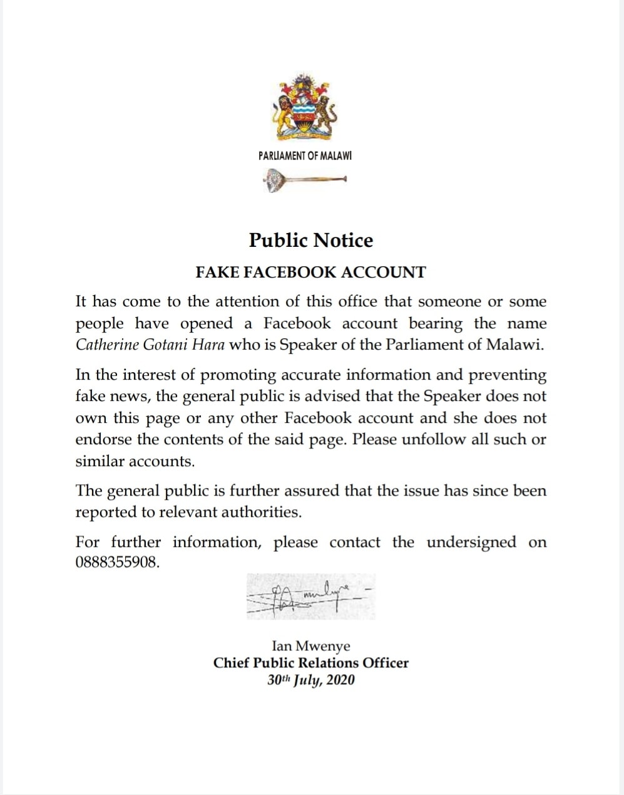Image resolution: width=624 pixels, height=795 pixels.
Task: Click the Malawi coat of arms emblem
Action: pyautogui.click(x=305, y=108)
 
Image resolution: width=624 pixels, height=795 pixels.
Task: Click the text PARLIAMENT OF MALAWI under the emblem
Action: pyautogui.click(x=305, y=156)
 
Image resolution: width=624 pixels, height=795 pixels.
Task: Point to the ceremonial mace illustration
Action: pyautogui.click(x=305, y=182)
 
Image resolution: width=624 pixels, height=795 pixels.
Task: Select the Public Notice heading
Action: pyautogui.click(x=311, y=240)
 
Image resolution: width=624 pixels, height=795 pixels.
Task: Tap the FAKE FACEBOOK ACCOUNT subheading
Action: pyautogui.click(x=310, y=273)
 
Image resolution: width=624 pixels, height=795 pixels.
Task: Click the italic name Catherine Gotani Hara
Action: pyautogui.click(x=150, y=345)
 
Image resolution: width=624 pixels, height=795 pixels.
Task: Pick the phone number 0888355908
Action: pyautogui.click(x=116, y=562)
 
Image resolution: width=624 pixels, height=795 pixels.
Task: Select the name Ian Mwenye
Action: pyautogui.click(x=310, y=646)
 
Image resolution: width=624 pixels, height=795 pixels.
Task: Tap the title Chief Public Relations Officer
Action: pyautogui.click(x=310, y=663)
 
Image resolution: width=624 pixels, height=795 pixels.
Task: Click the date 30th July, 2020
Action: pyautogui.click(x=310, y=680)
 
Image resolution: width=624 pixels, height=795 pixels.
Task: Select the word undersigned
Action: pyautogui.click(x=471, y=543)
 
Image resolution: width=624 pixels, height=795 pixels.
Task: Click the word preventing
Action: pyautogui.click(x=507, y=376)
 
